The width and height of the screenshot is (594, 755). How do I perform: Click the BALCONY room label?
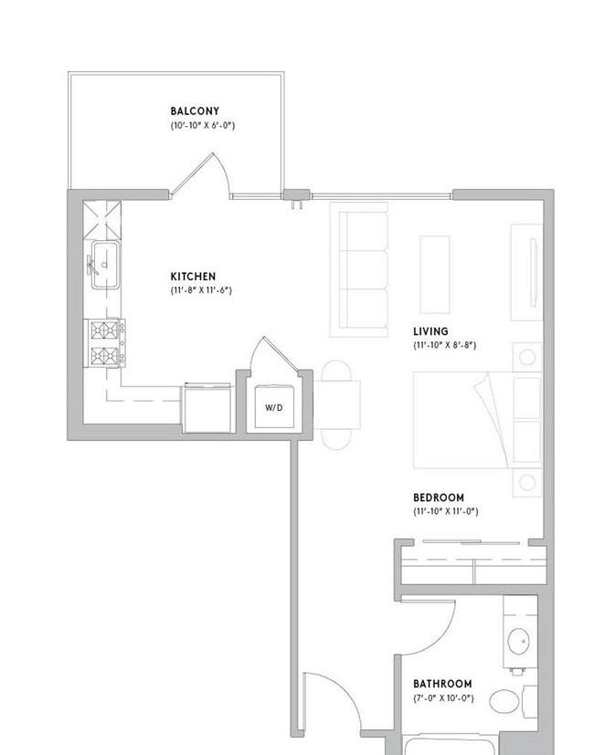(195, 111)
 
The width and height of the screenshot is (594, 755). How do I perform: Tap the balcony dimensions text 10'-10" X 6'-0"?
(203, 126)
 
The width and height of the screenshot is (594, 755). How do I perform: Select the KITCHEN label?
(193, 277)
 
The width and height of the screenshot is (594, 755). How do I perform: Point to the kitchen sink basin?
(106, 265)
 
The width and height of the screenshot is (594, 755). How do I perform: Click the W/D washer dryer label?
(274, 408)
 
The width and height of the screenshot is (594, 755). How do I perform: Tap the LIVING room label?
(430, 331)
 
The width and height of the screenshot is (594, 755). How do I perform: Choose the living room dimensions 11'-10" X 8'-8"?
(444, 345)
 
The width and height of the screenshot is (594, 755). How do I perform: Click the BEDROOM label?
(439, 498)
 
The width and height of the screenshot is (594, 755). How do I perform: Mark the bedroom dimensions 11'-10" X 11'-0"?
(446, 511)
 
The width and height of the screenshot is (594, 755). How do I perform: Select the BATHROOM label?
(442, 684)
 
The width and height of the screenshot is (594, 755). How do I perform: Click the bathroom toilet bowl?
(504, 701)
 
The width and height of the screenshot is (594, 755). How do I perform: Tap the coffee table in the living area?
(435, 275)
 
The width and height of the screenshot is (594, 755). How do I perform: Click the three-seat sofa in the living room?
(359, 269)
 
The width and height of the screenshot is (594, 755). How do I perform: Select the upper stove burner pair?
(104, 330)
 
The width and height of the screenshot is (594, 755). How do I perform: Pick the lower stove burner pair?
(104, 356)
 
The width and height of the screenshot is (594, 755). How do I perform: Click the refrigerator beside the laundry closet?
(207, 408)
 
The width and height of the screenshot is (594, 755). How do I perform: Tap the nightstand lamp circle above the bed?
(527, 357)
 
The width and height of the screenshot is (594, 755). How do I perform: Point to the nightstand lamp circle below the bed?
(527, 482)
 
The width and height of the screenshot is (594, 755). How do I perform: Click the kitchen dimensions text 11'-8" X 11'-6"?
(201, 290)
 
